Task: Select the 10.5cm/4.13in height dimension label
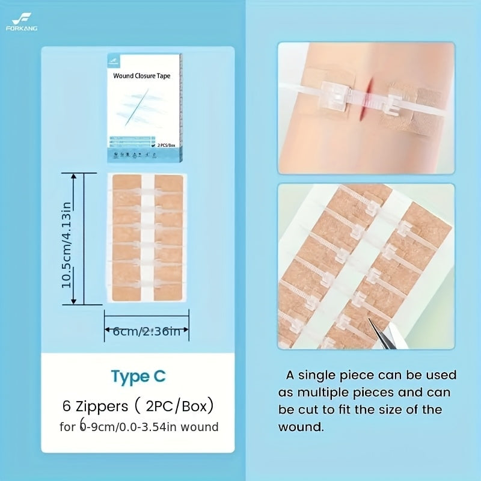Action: (x=67, y=239)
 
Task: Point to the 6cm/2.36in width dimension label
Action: (x=147, y=331)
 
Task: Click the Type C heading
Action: (x=138, y=376)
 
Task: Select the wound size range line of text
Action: (x=138, y=427)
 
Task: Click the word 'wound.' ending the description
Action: (x=301, y=427)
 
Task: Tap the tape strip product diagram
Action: (x=147, y=238)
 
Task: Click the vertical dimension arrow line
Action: (x=75, y=239)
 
